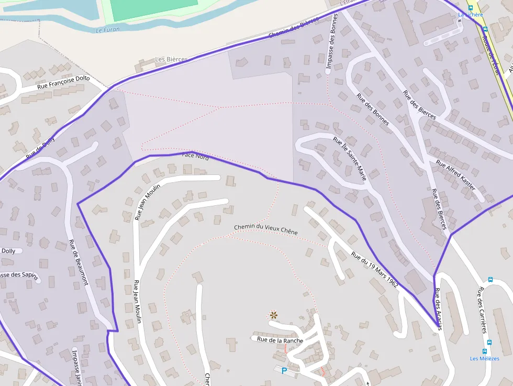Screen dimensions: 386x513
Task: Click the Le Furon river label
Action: coord(108,30)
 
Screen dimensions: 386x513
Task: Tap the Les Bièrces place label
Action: coord(171,60)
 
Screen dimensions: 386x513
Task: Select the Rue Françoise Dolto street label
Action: coord(63,82)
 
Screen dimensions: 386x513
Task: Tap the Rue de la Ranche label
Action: coord(280,340)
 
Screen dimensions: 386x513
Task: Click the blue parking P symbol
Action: coord(284,371)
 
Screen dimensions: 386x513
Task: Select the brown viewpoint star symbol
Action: coord(273,315)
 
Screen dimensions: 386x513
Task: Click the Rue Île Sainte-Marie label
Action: coord(349,159)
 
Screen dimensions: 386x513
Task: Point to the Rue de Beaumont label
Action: coord(79,262)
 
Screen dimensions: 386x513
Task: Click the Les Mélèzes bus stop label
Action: coord(484,359)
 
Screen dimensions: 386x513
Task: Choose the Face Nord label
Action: coord(195,156)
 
